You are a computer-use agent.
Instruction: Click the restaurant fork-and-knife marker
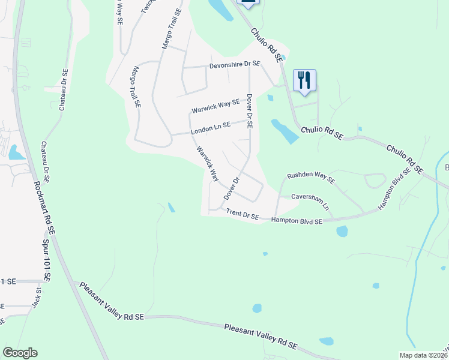pos(304,80)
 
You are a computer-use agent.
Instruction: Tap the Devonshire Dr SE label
pos(235,64)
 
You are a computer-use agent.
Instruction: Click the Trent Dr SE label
pos(242,214)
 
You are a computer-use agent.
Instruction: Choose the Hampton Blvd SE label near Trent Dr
pos(297,221)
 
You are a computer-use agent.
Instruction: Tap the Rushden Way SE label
pos(311,178)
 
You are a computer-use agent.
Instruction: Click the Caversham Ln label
pos(311,200)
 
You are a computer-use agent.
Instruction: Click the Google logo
pos(19,353)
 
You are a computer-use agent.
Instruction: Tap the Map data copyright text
pos(423,355)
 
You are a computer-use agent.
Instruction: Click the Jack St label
pos(37,298)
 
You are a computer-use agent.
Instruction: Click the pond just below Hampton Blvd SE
pos(342,231)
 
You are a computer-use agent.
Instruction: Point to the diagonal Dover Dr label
pos(232,188)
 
